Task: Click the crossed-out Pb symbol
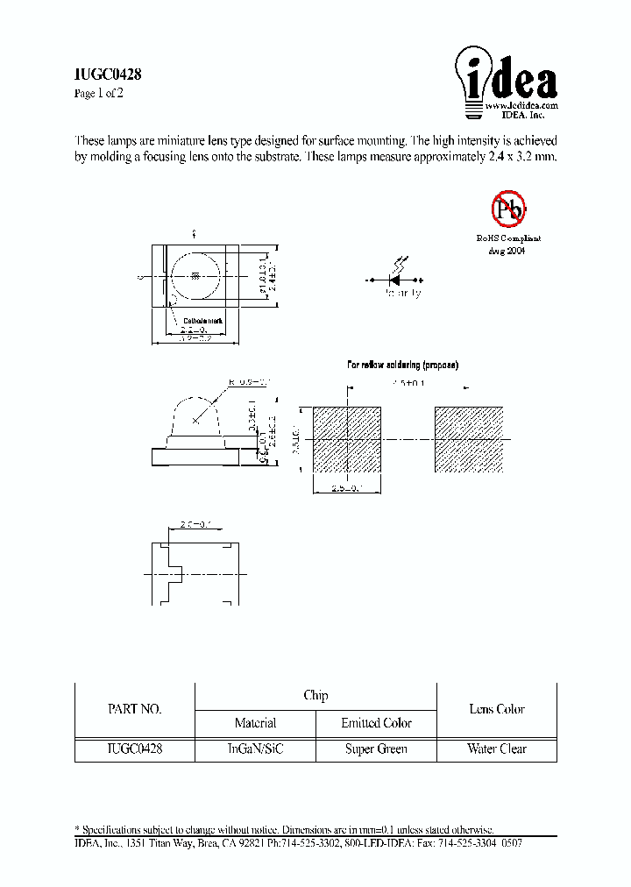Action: point(507,209)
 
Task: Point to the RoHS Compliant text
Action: point(508,238)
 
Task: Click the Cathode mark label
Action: point(202,321)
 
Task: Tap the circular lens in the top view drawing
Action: point(196,277)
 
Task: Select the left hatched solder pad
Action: point(348,440)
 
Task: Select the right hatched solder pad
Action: point(469,440)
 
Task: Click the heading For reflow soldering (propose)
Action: point(402,365)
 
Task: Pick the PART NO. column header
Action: point(134,710)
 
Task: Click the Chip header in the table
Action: point(315,696)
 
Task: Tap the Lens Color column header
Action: point(497,709)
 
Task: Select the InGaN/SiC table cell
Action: point(255,749)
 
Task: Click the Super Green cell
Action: point(376,749)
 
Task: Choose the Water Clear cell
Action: point(497,749)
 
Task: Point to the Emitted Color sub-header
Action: point(376,723)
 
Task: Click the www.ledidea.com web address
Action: point(521,104)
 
